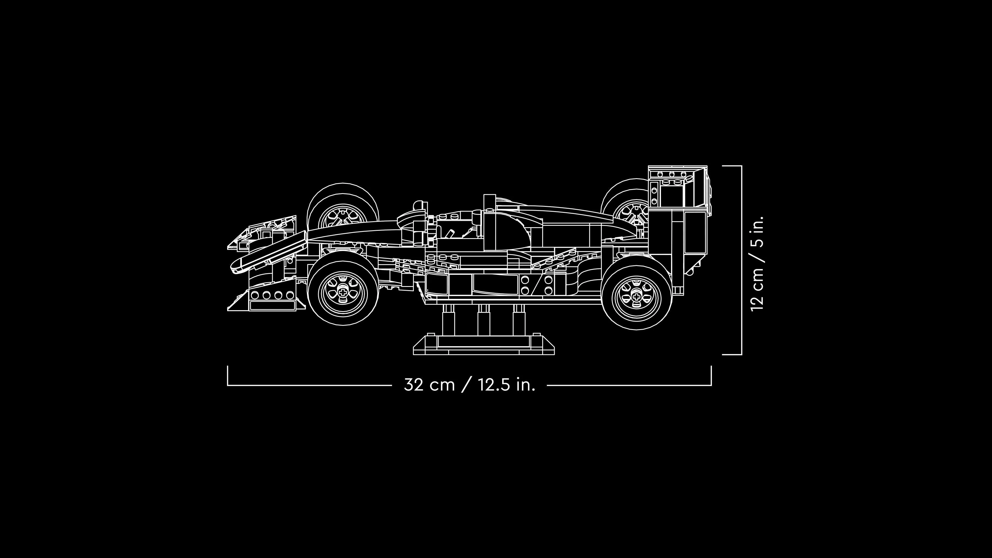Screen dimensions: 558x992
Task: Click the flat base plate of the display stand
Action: click(x=484, y=347)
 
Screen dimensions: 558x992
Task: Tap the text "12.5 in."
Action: click(x=507, y=385)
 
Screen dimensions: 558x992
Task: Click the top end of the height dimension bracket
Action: click(x=732, y=166)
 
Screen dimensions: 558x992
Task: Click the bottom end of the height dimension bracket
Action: click(x=732, y=354)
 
